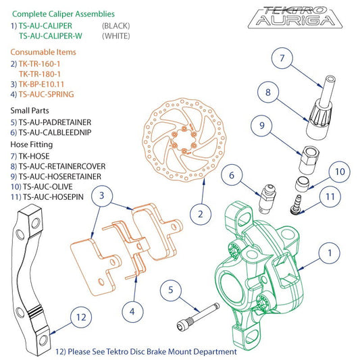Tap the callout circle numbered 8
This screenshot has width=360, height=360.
[x=268, y=91]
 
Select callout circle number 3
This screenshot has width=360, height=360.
[x=101, y=197]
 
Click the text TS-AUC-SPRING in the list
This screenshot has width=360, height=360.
[x=46, y=94]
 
